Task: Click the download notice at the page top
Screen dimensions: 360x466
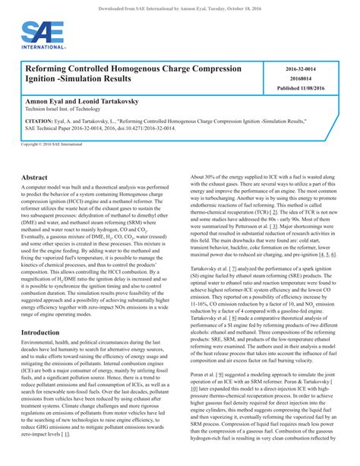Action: [x=180, y=6]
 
